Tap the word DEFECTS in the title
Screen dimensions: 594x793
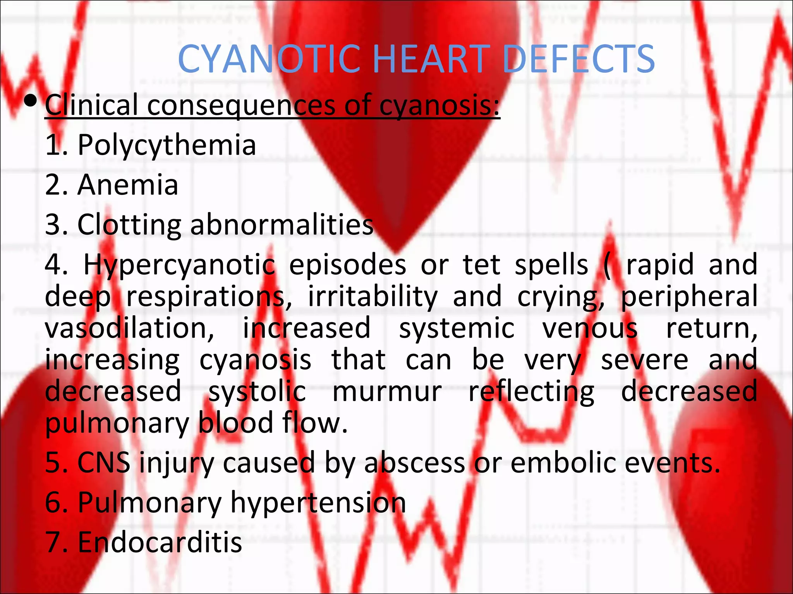tap(579, 59)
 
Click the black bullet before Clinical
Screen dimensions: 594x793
tap(30, 102)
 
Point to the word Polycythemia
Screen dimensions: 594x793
tap(167, 145)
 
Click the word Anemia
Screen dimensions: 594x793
tap(128, 185)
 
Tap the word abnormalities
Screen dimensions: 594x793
tap(282, 225)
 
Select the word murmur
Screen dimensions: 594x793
tap(387, 391)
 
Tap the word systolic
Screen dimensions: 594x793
tap(257, 391)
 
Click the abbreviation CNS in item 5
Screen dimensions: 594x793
tap(104, 463)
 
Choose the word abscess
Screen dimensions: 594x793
tap(415, 463)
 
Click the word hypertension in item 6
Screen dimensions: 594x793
tap(318, 503)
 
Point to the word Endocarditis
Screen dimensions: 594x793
tap(160, 542)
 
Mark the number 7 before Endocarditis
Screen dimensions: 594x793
tap(53, 542)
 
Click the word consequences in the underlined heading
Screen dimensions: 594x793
tap(241, 105)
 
